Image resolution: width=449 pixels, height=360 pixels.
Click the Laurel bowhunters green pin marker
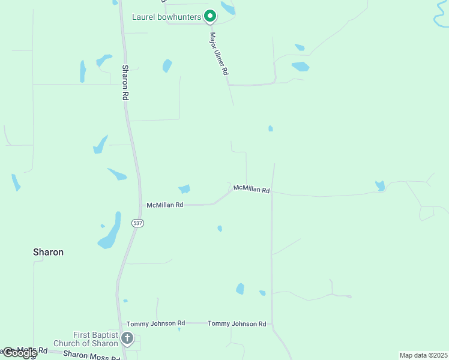209,16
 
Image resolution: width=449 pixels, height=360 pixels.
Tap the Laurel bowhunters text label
166,17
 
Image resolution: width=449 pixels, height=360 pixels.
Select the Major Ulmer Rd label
219,53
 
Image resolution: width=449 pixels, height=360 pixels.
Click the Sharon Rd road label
125,82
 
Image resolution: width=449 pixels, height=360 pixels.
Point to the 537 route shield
138,223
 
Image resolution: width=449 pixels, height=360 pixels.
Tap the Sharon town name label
48,252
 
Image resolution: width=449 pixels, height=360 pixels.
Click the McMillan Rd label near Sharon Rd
165,205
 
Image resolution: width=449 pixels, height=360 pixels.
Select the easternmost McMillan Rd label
252,189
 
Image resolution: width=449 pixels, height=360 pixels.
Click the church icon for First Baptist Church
127,338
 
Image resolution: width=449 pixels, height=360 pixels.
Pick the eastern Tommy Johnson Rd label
237,324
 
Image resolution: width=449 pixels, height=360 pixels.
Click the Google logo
19,353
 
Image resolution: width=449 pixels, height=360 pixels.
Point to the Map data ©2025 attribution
423,355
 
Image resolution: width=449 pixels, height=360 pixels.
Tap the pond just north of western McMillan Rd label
184,189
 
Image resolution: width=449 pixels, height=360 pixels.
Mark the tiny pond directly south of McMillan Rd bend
220,229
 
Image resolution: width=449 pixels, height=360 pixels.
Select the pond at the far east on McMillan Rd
379,186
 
